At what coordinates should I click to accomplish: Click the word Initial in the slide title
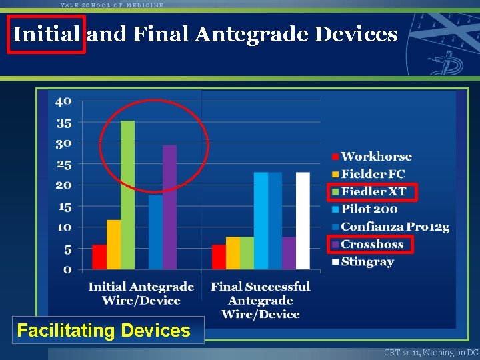pyautogui.click(x=46, y=34)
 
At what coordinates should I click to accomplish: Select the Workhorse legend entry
pyautogui.click(x=376, y=157)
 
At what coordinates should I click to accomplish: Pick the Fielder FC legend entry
pyautogui.click(x=373, y=174)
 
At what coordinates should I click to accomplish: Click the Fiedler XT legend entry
pyautogui.click(x=373, y=192)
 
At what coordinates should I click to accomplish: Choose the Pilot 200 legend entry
pyautogui.click(x=369, y=209)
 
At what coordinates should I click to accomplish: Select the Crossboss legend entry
pyautogui.click(x=372, y=245)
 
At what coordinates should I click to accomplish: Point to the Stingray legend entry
pyautogui.click(x=367, y=262)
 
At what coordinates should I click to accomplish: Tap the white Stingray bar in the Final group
pyautogui.click(x=303, y=221)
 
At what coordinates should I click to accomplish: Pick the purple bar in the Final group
pyautogui.click(x=289, y=253)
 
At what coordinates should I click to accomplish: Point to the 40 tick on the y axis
pyautogui.click(x=63, y=101)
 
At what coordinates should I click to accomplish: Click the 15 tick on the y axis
pyautogui.click(x=65, y=207)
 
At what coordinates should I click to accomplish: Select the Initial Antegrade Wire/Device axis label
pyautogui.click(x=141, y=293)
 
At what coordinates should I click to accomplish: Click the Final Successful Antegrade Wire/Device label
pyautogui.click(x=261, y=300)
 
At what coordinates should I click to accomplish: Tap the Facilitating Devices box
pyautogui.click(x=103, y=330)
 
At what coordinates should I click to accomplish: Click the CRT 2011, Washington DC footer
pyautogui.click(x=431, y=352)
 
